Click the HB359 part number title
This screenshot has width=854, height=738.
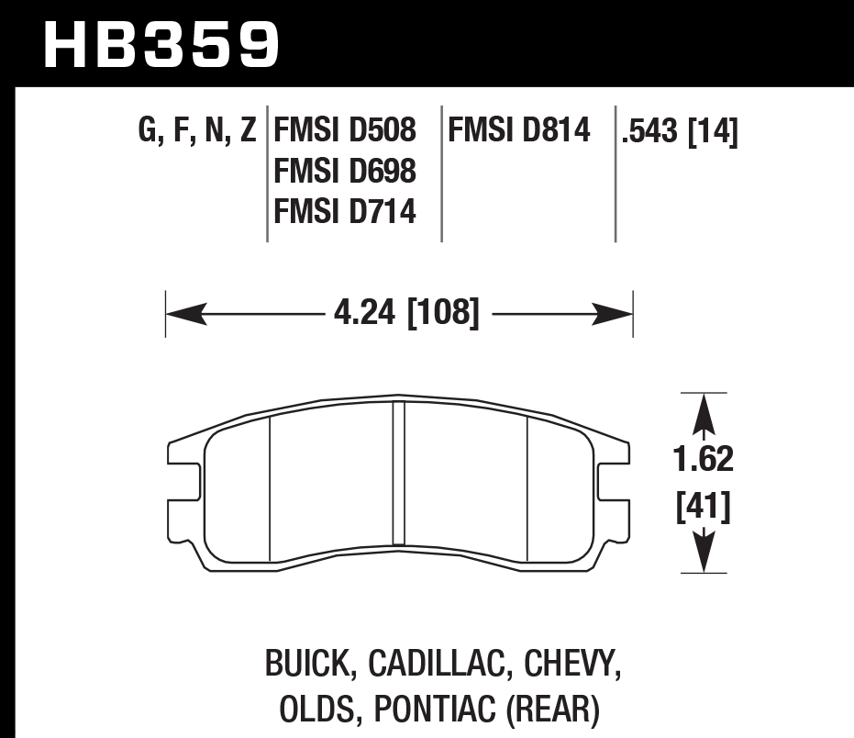click(x=161, y=43)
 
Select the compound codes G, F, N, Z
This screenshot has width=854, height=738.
click(x=196, y=131)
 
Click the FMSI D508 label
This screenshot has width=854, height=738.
click(x=345, y=131)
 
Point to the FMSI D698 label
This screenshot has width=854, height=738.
click(x=345, y=172)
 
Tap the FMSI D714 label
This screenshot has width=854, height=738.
click(x=345, y=212)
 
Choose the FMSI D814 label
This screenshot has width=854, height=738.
click(x=518, y=131)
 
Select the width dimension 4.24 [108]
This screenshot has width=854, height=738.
click(x=406, y=315)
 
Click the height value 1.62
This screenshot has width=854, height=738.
click(x=704, y=458)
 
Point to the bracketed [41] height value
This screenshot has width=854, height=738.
click(x=704, y=506)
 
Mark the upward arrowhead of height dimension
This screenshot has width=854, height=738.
click(x=704, y=412)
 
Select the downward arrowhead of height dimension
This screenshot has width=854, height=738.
click(x=704, y=555)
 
